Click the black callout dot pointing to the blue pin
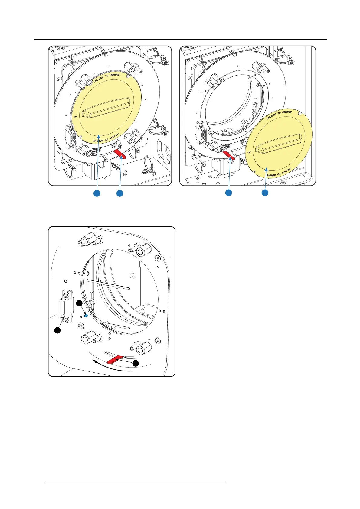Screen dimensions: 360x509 click(x=79, y=303)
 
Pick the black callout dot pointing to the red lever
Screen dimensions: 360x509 click(x=136, y=363)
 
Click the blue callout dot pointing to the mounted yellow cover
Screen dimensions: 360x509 click(x=97, y=193)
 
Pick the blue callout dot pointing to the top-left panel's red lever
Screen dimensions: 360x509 click(x=120, y=193)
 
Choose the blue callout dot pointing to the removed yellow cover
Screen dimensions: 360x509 click(x=265, y=193)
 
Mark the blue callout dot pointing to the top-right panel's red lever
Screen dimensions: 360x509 click(x=229, y=193)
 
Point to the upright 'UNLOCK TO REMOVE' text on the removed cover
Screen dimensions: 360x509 click(x=279, y=115)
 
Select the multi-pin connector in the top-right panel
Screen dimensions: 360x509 click(x=201, y=131)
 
